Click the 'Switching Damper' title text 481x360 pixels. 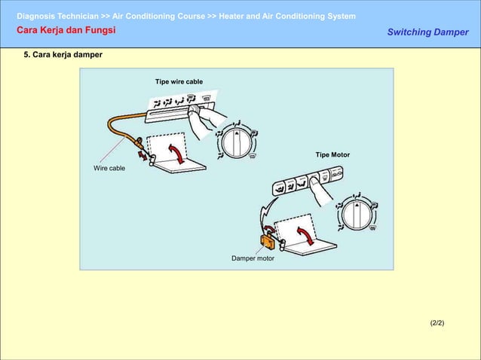pyautogui.click(x=427, y=32)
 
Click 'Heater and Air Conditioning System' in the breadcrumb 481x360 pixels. pyautogui.click(x=287, y=16)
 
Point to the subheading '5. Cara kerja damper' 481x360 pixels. pyautogui.click(x=63, y=56)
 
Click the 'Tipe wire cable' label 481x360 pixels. pyautogui.click(x=179, y=81)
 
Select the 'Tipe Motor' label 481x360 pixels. pyautogui.click(x=332, y=154)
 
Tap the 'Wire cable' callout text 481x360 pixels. pyautogui.click(x=109, y=168)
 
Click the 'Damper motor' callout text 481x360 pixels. pyautogui.click(x=253, y=258)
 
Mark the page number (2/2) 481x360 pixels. pyautogui.click(x=437, y=322)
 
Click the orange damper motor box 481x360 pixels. pyautogui.click(x=267, y=241)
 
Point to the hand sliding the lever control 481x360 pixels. pyautogui.click(x=207, y=121)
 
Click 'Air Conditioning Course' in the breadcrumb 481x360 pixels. pyautogui.click(x=158, y=16)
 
